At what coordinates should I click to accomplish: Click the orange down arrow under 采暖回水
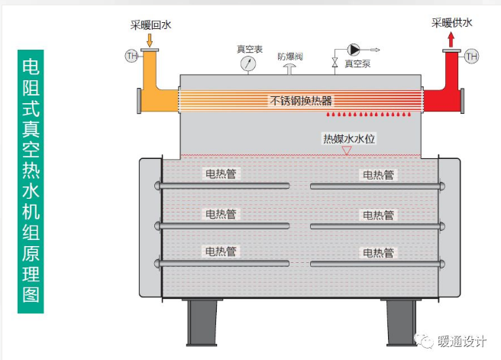point(149,40)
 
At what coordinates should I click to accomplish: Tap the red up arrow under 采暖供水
point(451,41)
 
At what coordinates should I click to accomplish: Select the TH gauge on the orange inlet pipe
point(131,56)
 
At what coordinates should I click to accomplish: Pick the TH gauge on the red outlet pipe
point(471,57)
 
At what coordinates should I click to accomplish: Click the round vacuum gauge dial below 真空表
point(248,63)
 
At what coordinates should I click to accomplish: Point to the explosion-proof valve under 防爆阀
point(289,69)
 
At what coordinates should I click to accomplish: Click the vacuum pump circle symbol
point(354,50)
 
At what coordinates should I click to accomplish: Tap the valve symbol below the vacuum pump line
point(335,63)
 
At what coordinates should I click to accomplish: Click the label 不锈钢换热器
point(301,101)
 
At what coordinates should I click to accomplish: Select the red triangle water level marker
point(347,151)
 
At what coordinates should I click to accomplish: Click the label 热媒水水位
point(349,139)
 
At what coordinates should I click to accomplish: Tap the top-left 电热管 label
point(221,174)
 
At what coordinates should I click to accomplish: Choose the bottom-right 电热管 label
point(378,253)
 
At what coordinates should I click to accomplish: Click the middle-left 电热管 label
point(221,214)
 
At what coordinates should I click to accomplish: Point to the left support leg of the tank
point(202,323)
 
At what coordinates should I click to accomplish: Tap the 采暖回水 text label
point(150,25)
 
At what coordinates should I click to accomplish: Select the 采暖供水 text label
point(452,23)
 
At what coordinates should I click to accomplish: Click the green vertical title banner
point(31,181)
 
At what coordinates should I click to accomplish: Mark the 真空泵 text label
point(357,64)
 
